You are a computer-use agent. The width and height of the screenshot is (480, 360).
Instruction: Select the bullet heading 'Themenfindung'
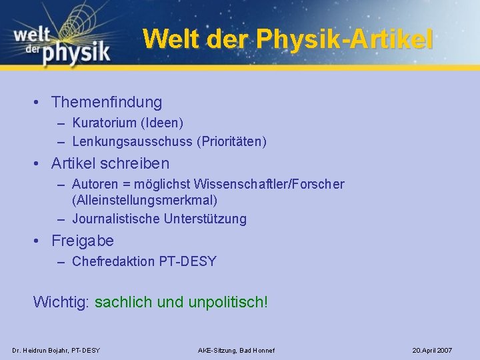(107, 102)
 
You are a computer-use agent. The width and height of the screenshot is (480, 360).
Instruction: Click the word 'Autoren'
(95, 184)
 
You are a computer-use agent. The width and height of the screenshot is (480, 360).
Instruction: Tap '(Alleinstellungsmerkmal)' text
(145, 200)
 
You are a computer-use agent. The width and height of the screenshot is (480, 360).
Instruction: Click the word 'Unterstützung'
(205, 219)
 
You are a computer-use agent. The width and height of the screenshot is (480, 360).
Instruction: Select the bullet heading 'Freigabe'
(83, 241)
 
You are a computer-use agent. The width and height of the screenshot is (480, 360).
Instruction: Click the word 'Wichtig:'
(61, 302)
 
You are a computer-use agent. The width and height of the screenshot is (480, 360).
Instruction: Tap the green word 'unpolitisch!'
(228, 302)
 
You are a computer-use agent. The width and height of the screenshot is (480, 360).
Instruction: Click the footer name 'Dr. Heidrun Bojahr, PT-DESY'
(56, 350)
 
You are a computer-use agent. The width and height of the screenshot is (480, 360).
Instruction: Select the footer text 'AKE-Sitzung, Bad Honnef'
(236, 350)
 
